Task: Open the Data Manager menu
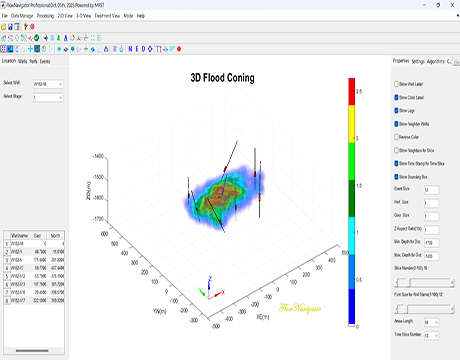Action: [x=30, y=17]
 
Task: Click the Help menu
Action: [x=141, y=17]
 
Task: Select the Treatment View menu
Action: [x=106, y=17]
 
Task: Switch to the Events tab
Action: [x=46, y=62]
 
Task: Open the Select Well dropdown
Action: [x=48, y=83]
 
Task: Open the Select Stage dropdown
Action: [x=48, y=96]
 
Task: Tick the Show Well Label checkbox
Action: [x=396, y=84]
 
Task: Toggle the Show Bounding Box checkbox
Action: [x=396, y=176]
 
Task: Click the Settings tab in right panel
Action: [x=417, y=61]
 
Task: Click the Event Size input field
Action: [x=431, y=186]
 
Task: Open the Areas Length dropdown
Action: [x=431, y=322]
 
